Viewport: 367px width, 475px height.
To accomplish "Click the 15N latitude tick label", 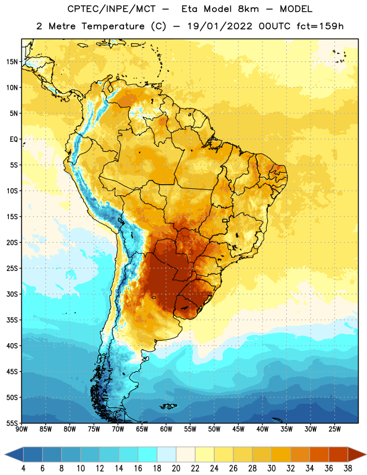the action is pyautogui.click(x=12, y=62).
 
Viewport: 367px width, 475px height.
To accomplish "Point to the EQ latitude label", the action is pyautogui.click(x=14, y=140).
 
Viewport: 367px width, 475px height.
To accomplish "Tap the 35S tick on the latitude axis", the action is pyautogui.click(x=12, y=320).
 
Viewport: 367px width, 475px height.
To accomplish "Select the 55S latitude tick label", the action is pyautogui.click(x=12, y=423).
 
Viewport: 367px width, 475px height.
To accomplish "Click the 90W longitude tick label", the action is pyautogui.click(x=22, y=429).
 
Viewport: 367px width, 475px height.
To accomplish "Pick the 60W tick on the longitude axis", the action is pyautogui.click(x=166, y=429).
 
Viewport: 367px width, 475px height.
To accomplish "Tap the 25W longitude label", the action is pyautogui.click(x=334, y=429).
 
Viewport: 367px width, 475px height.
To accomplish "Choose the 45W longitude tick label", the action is pyautogui.click(x=238, y=429).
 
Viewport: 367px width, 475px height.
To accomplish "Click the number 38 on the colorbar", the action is pyautogui.click(x=348, y=468).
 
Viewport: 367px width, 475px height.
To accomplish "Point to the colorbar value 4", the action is pyautogui.click(x=23, y=468).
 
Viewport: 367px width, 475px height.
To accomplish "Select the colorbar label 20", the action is pyautogui.click(x=176, y=468).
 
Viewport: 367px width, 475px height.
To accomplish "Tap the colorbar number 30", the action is pyautogui.click(x=271, y=468).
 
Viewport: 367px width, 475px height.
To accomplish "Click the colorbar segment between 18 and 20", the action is pyautogui.click(x=167, y=454).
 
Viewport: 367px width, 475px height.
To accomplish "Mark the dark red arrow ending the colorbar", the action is pyautogui.click(x=357, y=454).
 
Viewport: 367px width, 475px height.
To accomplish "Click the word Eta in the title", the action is pyautogui.click(x=189, y=9).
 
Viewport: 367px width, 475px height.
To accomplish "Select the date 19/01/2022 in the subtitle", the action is pyautogui.click(x=220, y=26).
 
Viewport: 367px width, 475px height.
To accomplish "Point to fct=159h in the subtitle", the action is pyautogui.click(x=320, y=26).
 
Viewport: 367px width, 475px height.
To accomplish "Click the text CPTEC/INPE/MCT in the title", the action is pyautogui.click(x=112, y=9).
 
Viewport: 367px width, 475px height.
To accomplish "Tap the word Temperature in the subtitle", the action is pyautogui.click(x=113, y=26).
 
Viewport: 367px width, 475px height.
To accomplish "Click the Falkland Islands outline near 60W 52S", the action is pyautogui.click(x=169, y=406).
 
